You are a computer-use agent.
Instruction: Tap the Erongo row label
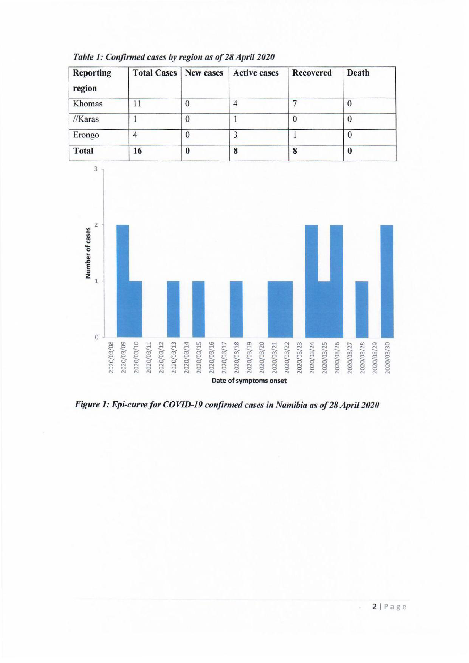86,135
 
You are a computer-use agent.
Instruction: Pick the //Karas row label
86,119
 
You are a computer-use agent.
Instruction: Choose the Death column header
358,73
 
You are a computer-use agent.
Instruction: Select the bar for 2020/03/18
236,309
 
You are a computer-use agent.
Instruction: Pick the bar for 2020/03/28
362,309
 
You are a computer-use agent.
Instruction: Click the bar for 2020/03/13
173,309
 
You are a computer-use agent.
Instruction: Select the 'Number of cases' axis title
88,253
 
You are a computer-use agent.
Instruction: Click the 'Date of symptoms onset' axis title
249,381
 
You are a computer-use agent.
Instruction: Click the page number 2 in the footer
374,607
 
